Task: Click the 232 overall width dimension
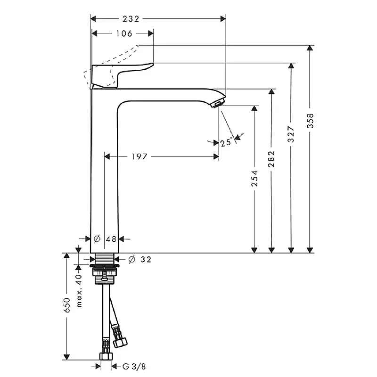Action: tap(131, 19)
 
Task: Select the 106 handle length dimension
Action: tap(124, 33)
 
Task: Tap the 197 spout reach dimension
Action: tap(139, 157)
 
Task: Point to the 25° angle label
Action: tap(226, 143)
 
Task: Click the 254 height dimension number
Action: tap(254, 179)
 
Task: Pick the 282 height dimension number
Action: tap(271, 159)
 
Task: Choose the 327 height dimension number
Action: tap(291, 134)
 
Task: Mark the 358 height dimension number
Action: tap(310, 121)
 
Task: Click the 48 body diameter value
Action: tap(111, 239)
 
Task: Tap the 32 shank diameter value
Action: tap(146, 260)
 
